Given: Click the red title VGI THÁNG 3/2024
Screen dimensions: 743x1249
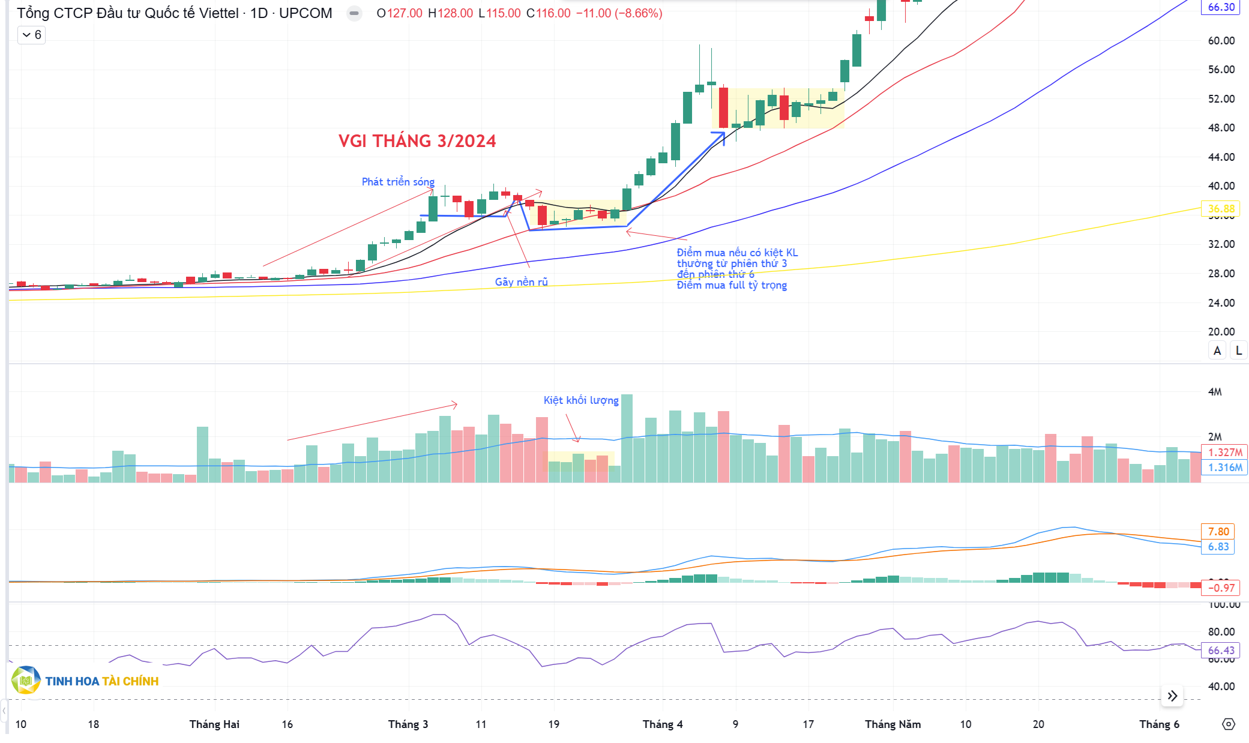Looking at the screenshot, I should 417,141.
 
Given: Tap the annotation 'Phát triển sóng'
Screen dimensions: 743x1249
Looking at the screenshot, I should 398,182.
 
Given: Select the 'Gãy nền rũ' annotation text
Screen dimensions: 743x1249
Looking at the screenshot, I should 521,282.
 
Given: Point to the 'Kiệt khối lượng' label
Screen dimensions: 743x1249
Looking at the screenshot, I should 580,400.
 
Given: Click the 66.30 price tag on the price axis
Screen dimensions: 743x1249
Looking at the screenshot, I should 1221,7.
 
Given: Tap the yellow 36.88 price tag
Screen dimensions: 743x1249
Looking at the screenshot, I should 1221,209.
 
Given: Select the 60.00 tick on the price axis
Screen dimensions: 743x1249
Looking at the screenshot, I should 1221,41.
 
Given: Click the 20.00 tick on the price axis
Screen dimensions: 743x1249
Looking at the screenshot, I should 1221,332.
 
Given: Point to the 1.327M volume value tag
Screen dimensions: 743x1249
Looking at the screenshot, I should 1224,453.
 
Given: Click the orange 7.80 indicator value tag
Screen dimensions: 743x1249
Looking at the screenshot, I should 1218,532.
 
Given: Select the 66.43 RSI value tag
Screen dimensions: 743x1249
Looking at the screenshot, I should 1221,651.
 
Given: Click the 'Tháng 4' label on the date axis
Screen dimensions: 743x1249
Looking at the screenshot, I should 663,724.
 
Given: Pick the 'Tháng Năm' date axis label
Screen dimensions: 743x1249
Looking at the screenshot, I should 892,724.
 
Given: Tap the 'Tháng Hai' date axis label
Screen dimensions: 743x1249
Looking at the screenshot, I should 214,724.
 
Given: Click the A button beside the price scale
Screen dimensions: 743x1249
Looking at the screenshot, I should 1217,351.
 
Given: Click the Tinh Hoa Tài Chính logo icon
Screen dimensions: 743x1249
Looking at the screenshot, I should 26,681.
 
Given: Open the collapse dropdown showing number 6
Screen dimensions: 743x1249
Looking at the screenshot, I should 31,35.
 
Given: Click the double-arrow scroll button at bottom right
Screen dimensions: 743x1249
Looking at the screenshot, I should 1172,696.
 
